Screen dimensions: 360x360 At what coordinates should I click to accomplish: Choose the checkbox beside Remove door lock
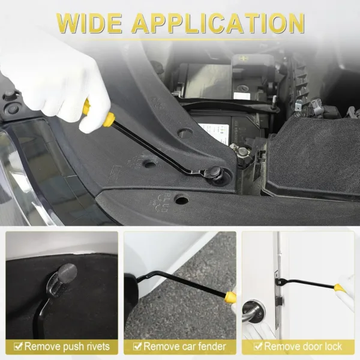click(258, 346)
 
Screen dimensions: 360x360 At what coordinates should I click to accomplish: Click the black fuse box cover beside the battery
click(312, 156)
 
